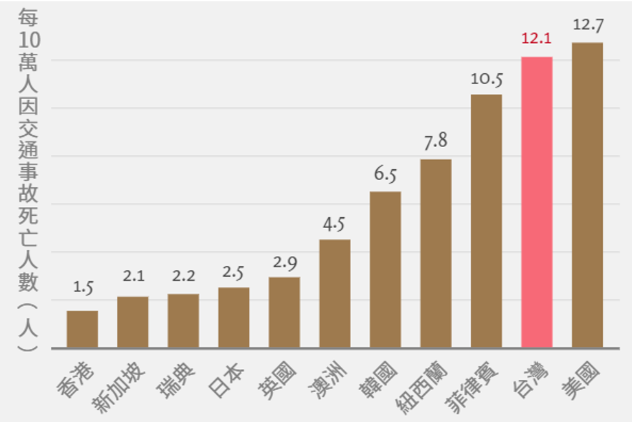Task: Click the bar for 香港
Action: coord(82,329)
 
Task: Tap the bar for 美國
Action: coord(587,195)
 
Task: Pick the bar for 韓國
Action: coord(385,270)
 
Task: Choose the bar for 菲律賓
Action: coord(486,221)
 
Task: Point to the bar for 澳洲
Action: coord(335,294)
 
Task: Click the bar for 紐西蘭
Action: coord(436,253)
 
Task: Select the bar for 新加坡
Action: coord(133,322)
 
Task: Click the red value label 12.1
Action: coord(536,39)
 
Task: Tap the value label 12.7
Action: coord(587,25)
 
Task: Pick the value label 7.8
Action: coord(436,142)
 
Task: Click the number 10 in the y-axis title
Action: coord(29,40)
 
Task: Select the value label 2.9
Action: coord(284,263)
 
